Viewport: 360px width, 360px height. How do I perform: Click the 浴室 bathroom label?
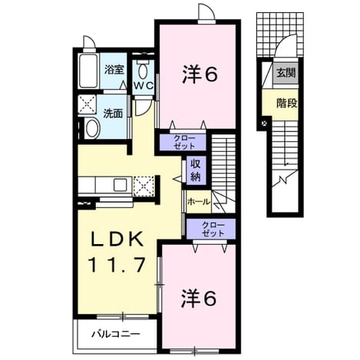click(x=114, y=70)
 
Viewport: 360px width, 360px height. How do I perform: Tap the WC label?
click(x=144, y=85)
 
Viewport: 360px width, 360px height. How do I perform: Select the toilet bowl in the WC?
click(x=143, y=71)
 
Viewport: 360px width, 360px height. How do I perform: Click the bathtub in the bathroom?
click(x=88, y=71)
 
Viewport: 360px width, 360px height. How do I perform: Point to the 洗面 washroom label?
click(x=113, y=114)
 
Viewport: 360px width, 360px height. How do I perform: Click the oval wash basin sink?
click(x=92, y=129)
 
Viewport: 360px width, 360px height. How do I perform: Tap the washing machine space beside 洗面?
click(x=87, y=104)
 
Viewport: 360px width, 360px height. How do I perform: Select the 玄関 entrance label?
click(x=286, y=74)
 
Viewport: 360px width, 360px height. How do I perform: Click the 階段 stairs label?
click(x=287, y=104)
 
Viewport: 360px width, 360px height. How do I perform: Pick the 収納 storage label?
click(x=196, y=170)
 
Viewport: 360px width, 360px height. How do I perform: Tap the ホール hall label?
click(x=199, y=202)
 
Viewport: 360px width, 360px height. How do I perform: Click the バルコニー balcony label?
click(x=116, y=334)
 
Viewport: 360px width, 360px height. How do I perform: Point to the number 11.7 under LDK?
click(x=117, y=265)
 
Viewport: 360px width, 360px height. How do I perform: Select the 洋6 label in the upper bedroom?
click(x=200, y=75)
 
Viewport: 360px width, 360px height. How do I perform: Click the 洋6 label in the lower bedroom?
click(x=199, y=299)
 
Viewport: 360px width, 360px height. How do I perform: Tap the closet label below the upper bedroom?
click(x=184, y=142)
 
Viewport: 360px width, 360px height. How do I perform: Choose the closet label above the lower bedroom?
click(x=213, y=229)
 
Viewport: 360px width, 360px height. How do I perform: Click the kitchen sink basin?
click(x=120, y=185)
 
